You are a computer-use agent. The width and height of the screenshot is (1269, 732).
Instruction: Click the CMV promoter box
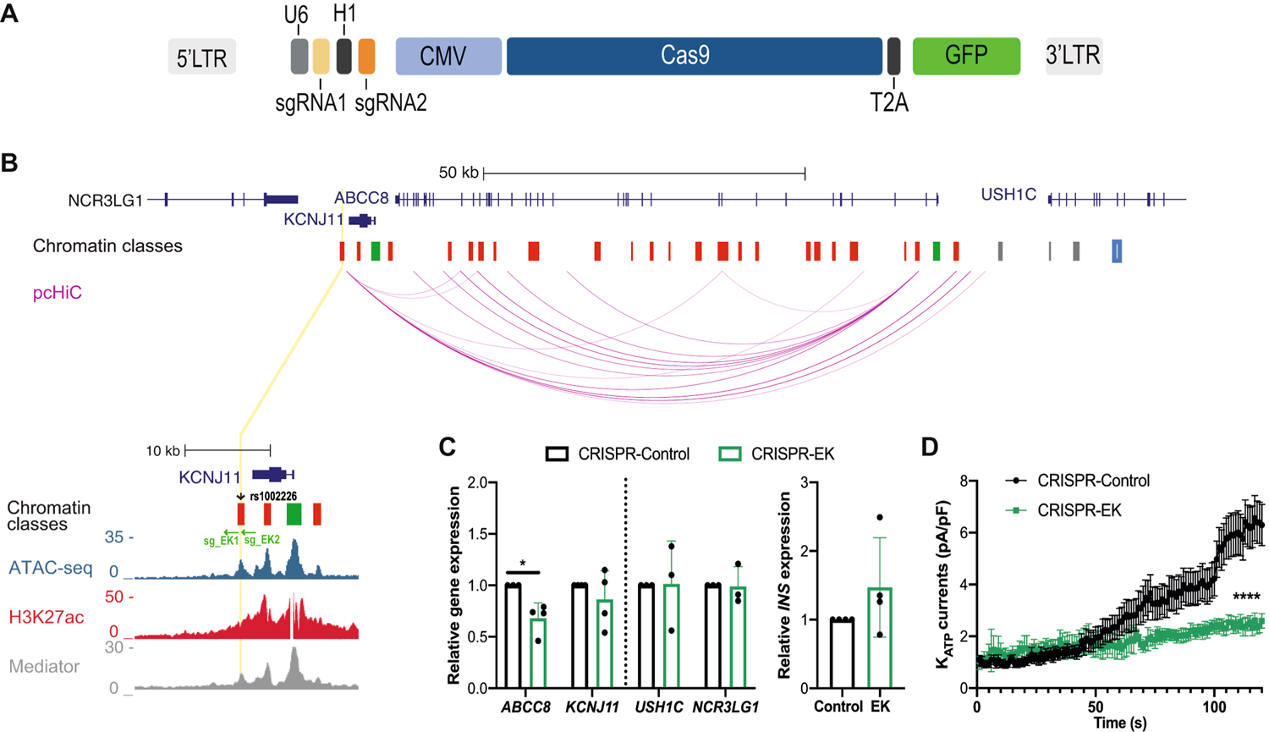[448, 56]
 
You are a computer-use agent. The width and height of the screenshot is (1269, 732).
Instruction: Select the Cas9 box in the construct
[694, 56]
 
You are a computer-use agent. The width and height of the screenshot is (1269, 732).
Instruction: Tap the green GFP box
[966, 56]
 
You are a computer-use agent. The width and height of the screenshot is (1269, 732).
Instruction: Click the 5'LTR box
[201, 58]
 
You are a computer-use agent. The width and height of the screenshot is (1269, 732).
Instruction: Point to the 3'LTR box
[1074, 56]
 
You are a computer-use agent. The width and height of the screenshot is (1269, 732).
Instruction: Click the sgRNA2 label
[391, 103]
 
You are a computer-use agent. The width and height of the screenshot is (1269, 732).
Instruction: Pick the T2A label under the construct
[889, 103]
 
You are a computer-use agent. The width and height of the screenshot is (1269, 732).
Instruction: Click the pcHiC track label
[58, 294]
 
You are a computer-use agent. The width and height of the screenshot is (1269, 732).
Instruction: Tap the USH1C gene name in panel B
[1008, 195]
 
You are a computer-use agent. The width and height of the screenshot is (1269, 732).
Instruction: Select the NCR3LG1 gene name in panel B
[106, 201]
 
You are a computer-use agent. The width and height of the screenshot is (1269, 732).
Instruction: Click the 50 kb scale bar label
[459, 173]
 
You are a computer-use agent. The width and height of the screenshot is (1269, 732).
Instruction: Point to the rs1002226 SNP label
[273, 497]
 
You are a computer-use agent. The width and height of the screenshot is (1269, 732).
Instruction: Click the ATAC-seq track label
[50, 567]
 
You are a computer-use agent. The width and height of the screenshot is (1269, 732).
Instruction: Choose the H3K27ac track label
[47, 617]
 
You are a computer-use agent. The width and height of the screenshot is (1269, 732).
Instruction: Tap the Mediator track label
[44, 666]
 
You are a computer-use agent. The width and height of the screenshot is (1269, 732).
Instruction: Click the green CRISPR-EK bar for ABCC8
[538, 652]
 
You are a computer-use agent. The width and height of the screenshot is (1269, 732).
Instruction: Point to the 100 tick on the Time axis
[1214, 705]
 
